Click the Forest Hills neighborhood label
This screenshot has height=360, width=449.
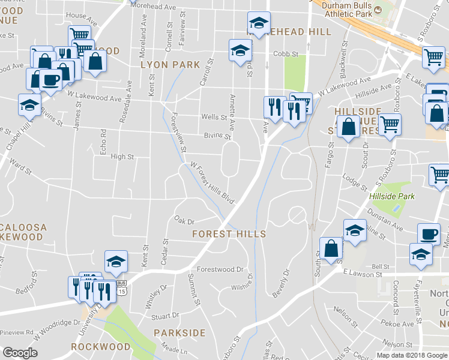pyautogui.click(x=228, y=233)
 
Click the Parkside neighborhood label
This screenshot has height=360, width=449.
pyautogui.click(x=179, y=332)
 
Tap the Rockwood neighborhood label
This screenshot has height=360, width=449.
pyautogui.click(x=100, y=347)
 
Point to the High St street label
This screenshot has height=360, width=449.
pyautogui.click(x=122, y=157)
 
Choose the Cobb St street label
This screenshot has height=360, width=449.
pyautogui.click(x=286, y=54)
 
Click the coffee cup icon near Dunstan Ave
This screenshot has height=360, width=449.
pyautogui.click(x=429, y=233)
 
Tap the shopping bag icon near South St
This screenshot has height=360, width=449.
pyautogui.click(x=331, y=248)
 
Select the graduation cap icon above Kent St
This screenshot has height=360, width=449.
pyautogui.click(x=116, y=260)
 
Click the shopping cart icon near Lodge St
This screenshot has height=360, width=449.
pyautogui.click(x=439, y=175)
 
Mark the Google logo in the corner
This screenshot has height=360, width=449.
pyautogui.click(x=20, y=353)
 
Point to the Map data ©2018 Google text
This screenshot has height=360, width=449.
pyautogui.click(x=412, y=355)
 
